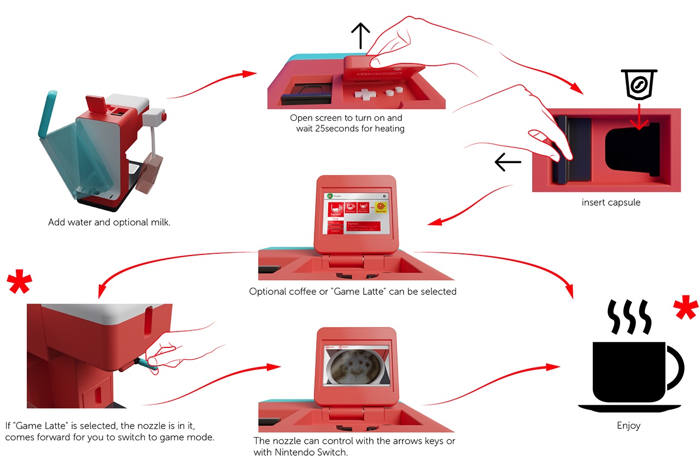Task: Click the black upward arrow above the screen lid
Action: tap(360, 37)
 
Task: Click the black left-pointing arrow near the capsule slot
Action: tap(507, 162)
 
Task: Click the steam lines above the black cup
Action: tap(629, 316)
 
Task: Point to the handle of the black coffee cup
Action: tap(674, 367)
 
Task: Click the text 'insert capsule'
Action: tap(611, 202)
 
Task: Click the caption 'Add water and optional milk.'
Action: tap(109, 223)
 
